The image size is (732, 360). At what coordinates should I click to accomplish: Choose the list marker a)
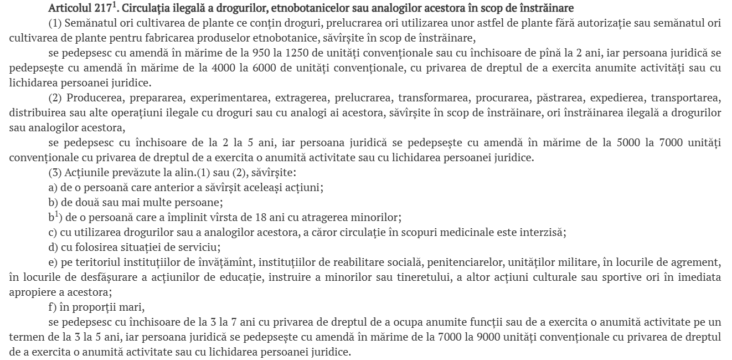click(53, 187)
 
